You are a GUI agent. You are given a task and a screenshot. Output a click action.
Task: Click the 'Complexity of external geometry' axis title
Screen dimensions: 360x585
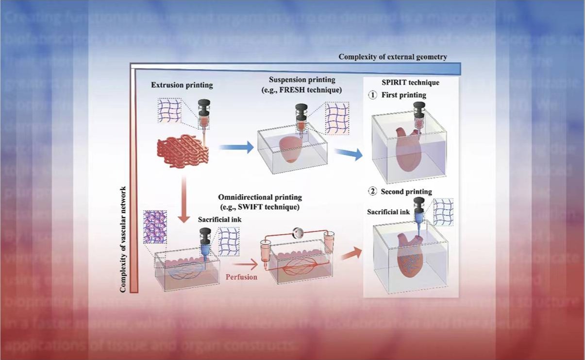pyautogui.click(x=393, y=57)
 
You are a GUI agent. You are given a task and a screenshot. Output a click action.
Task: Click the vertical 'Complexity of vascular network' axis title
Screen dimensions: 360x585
pyautogui.click(x=123, y=239)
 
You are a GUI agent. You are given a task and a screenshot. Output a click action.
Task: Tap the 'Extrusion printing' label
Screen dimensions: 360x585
pyautogui.click(x=182, y=86)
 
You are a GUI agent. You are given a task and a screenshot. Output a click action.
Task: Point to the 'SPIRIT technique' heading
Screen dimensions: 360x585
pyautogui.click(x=411, y=83)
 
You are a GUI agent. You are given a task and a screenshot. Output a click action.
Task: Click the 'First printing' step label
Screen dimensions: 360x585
pyautogui.click(x=403, y=95)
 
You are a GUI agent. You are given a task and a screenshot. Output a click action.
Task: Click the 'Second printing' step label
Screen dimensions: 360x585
pyautogui.click(x=406, y=191)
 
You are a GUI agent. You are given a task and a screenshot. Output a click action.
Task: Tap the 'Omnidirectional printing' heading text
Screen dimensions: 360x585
pyautogui.click(x=260, y=197)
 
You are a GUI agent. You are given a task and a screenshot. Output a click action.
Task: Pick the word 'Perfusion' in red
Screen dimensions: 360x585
pyautogui.click(x=241, y=277)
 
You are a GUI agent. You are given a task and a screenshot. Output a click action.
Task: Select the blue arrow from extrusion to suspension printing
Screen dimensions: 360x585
pyautogui.click(x=236, y=147)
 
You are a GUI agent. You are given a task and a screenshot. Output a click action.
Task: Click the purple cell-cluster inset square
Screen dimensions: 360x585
pyautogui.click(x=155, y=226)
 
